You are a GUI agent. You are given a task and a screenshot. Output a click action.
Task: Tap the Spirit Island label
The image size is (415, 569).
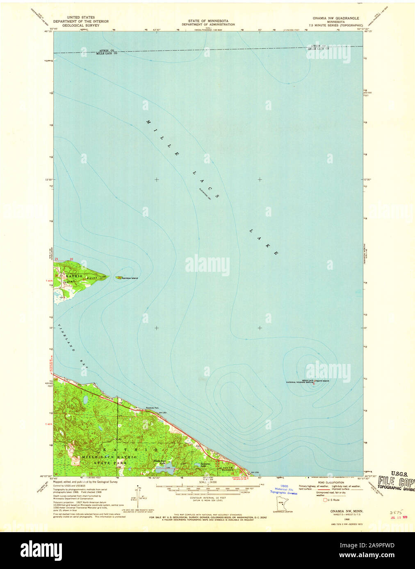[322, 381]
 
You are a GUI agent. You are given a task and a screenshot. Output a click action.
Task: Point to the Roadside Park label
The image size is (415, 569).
[152, 408]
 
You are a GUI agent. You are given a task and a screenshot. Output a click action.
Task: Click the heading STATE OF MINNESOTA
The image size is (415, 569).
[208, 20]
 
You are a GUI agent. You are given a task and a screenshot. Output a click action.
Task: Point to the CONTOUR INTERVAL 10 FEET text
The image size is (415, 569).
[207, 499]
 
